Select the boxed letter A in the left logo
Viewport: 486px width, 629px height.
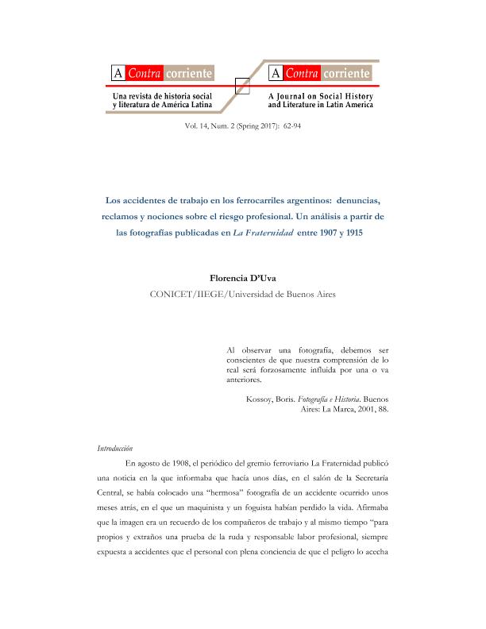pyautogui.click(x=118, y=75)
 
